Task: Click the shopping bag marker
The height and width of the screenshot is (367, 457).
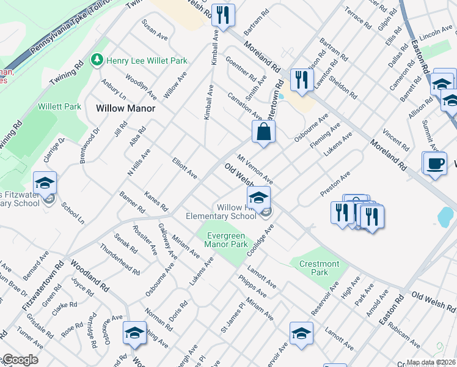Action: pos(263,132)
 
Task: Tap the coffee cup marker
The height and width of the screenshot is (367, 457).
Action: pos(434,164)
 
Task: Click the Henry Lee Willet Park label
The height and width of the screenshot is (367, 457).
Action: pos(146,61)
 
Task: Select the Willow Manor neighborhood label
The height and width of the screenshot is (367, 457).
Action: pos(126,108)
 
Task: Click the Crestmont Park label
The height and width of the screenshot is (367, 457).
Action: pos(319,268)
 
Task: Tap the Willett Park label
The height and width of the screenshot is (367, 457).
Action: pos(59,106)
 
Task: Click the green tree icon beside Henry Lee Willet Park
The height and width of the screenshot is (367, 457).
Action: pos(96,59)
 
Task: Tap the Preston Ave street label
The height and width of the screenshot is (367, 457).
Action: pos(335,184)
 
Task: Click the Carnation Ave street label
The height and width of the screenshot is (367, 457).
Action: pos(244,106)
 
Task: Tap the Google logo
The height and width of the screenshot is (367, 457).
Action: pos(20,360)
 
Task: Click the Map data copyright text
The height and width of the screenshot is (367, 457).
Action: pos(431,362)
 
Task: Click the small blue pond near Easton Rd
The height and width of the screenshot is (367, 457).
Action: pos(446,215)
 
